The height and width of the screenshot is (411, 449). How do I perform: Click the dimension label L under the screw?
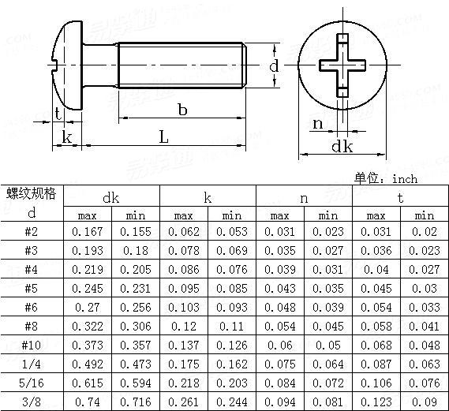pyautogui.click(x=163, y=136)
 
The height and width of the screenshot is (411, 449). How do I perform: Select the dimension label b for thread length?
pyautogui.click(x=182, y=111)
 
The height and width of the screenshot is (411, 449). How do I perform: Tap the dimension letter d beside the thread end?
pyautogui.click(x=273, y=66)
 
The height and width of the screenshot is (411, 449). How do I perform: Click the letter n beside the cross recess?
pyautogui.click(x=318, y=123)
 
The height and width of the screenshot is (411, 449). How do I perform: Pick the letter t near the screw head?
pyautogui.click(x=59, y=112)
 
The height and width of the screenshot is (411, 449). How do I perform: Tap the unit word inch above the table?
pyautogui.click(x=403, y=179)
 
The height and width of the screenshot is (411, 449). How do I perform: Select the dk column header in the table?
pyautogui.click(x=111, y=197)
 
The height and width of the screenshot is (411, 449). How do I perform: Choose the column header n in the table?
pyautogui.click(x=304, y=197)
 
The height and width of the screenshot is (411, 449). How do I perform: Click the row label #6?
pyautogui.click(x=32, y=308)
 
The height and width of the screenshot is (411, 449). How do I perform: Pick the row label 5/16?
pyautogui.click(x=32, y=384)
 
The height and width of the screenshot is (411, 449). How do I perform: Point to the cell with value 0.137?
pyautogui.click(x=183, y=346)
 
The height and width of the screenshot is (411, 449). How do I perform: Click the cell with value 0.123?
pyautogui.click(x=376, y=402)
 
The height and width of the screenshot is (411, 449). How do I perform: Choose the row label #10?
pyautogui.click(x=32, y=346)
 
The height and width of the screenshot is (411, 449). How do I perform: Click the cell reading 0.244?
pyautogui.click(x=231, y=402)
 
